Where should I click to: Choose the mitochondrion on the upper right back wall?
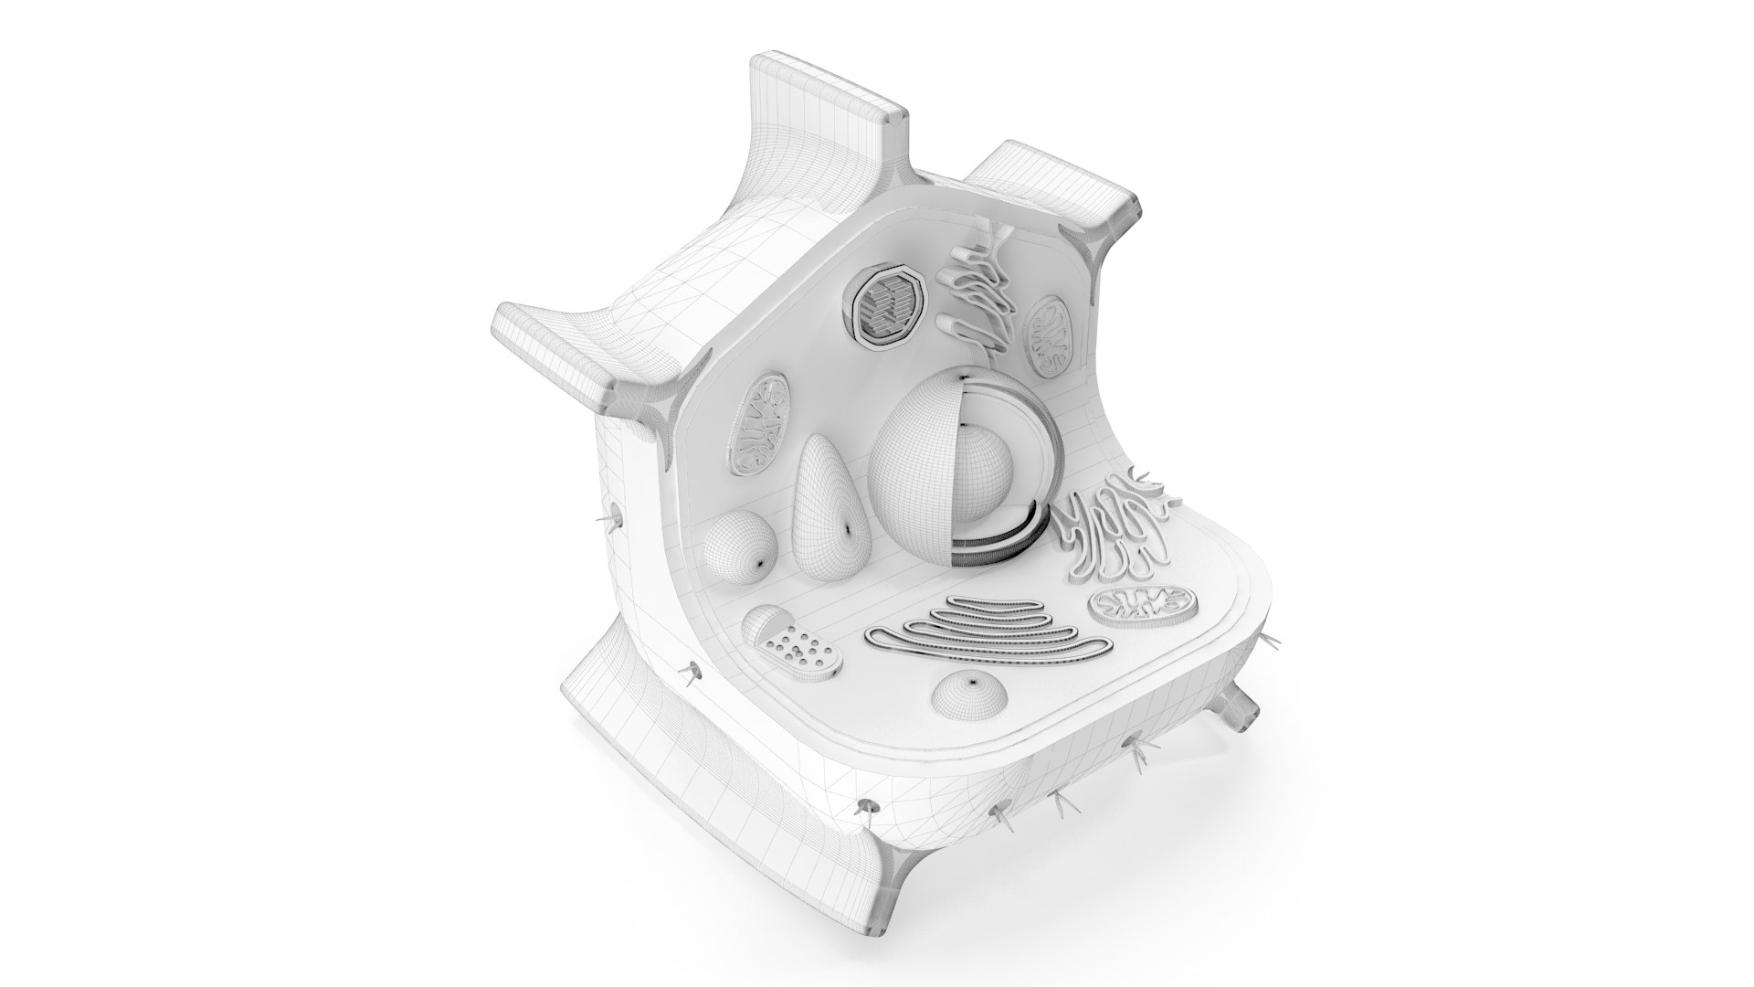point(1049,337)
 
